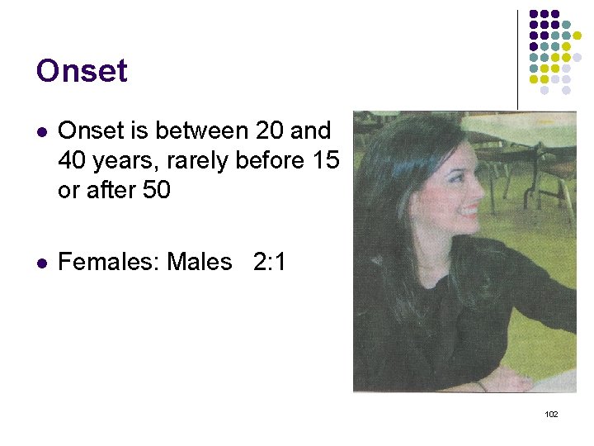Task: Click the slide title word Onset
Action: pos(82,71)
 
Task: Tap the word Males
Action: pos(200,263)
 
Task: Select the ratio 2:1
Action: pos(269,263)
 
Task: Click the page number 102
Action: pos(552,414)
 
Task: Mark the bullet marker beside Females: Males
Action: pos(40,263)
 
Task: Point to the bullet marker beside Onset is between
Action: pos(40,131)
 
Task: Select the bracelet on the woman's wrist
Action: pos(482,385)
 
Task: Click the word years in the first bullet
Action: pos(124,160)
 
